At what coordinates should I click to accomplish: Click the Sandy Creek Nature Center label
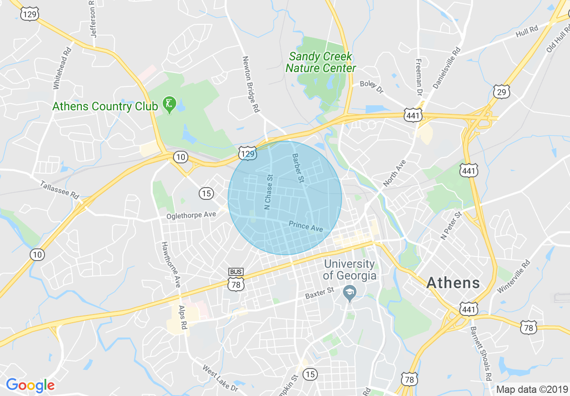[321, 63]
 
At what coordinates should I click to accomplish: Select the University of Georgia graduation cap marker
[349, 293]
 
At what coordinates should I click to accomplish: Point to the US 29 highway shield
[501, 92]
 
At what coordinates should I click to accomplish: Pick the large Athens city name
[453, 283]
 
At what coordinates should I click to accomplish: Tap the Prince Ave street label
[306, 226]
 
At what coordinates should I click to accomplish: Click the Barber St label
[298, 168]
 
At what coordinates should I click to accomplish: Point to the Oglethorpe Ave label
[191, 215]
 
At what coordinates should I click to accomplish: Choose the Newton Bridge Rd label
[251, 84]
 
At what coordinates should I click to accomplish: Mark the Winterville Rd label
[514, 276]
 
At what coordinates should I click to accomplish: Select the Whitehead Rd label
[62, 68]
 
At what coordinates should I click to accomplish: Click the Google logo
[30, 386]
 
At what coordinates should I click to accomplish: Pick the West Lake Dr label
[220, 378]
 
